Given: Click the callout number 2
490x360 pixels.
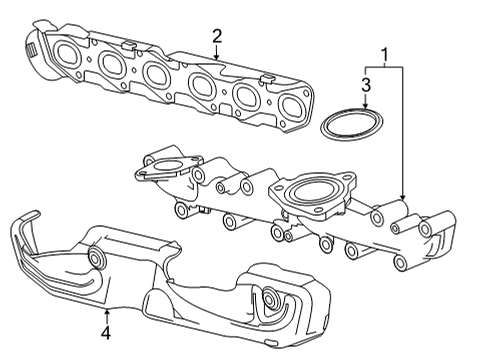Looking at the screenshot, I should [x=216, y=37].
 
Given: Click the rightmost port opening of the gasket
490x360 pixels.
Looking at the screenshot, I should [x=291, y=107].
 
